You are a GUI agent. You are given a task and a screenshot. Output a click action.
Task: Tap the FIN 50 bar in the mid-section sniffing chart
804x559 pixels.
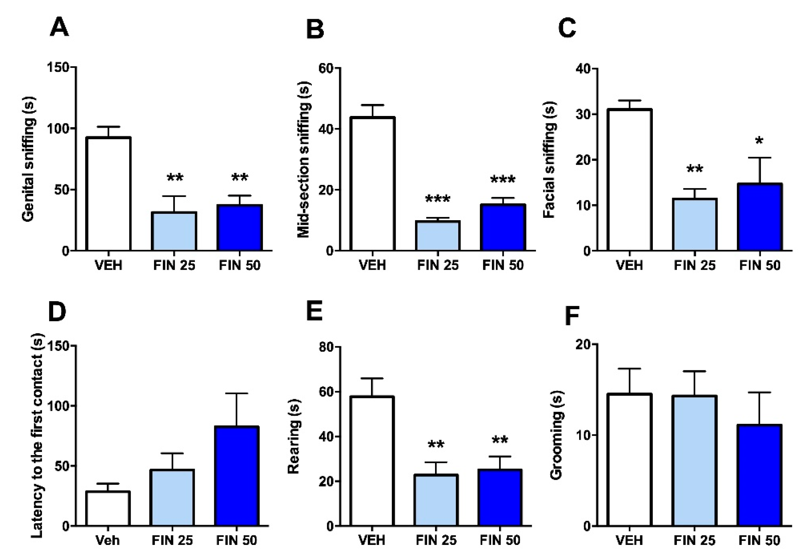pyautogui.click(x=503, y=227)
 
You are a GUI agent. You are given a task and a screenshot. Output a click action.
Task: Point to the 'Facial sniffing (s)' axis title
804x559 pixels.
pyautogui.click(x=550, y=160)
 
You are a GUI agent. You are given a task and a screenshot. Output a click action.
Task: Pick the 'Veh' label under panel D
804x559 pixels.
pyautogui.click(x=107, y=540)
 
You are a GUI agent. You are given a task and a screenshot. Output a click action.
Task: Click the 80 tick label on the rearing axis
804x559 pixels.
pyautogui.click(x=326, y=347)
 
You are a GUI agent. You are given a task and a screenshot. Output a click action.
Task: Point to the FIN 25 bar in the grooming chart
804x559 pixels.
pyautogui.click(x=695, y=461)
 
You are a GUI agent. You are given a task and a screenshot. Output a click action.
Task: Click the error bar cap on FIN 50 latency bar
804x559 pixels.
pyautogui.click(x=237, y=393)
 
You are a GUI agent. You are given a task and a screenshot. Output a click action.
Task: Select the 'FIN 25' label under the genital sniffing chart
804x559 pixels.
pyautogui.click(x=174, y=265)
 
